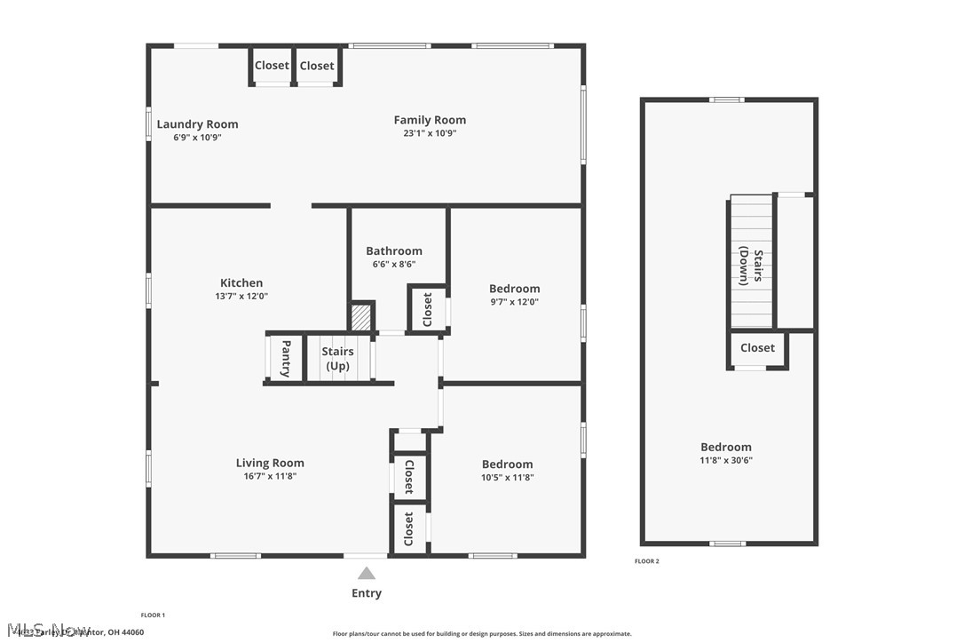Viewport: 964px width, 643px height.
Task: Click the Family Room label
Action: point(430,120)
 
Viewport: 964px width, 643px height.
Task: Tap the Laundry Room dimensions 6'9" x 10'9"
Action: point(197,138)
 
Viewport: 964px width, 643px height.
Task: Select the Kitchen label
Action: point(241,283)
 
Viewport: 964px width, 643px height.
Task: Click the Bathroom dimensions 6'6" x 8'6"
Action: point(393,264)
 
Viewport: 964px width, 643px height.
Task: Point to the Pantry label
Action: point(286,358)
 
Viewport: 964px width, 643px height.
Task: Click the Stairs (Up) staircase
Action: point(337,358)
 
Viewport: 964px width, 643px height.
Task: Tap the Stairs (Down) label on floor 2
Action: point(751,267)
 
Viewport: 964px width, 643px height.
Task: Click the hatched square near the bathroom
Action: point(360,317)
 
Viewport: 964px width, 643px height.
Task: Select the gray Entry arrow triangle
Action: point(367,574)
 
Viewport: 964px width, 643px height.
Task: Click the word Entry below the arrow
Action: point(367,593)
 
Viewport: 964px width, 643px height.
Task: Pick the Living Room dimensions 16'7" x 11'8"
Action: point(270,477)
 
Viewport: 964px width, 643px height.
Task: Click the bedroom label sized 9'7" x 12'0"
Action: point(514,289)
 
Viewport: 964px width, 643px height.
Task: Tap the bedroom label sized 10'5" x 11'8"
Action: point(507,464)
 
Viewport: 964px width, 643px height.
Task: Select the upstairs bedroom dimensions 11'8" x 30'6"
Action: point(726,460)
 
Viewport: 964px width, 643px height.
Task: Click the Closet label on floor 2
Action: point(757,348)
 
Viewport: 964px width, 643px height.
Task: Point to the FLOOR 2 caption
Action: point(647,561)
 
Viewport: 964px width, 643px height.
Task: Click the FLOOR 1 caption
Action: point(153,615)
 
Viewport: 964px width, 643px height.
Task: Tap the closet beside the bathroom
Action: point(427,309)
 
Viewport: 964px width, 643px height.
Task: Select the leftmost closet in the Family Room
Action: point(272,66)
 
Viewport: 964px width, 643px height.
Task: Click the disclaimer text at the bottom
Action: point(482,634)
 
